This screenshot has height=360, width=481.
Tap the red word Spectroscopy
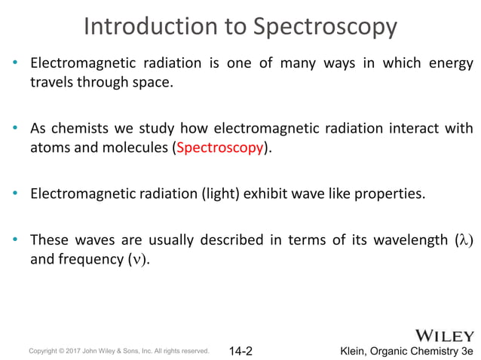220,147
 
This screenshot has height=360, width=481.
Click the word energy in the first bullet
449,63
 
